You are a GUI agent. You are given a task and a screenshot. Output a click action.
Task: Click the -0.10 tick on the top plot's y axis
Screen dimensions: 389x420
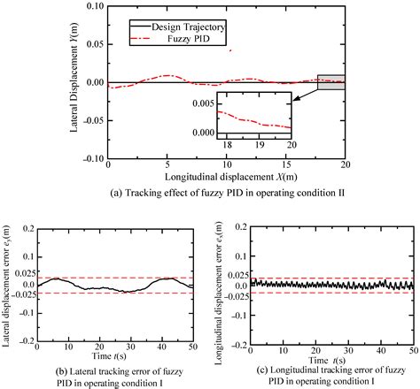click(x=91, y=158)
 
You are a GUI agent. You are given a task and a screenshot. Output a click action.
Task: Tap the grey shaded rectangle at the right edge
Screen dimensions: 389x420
click(x=331, y=81)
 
